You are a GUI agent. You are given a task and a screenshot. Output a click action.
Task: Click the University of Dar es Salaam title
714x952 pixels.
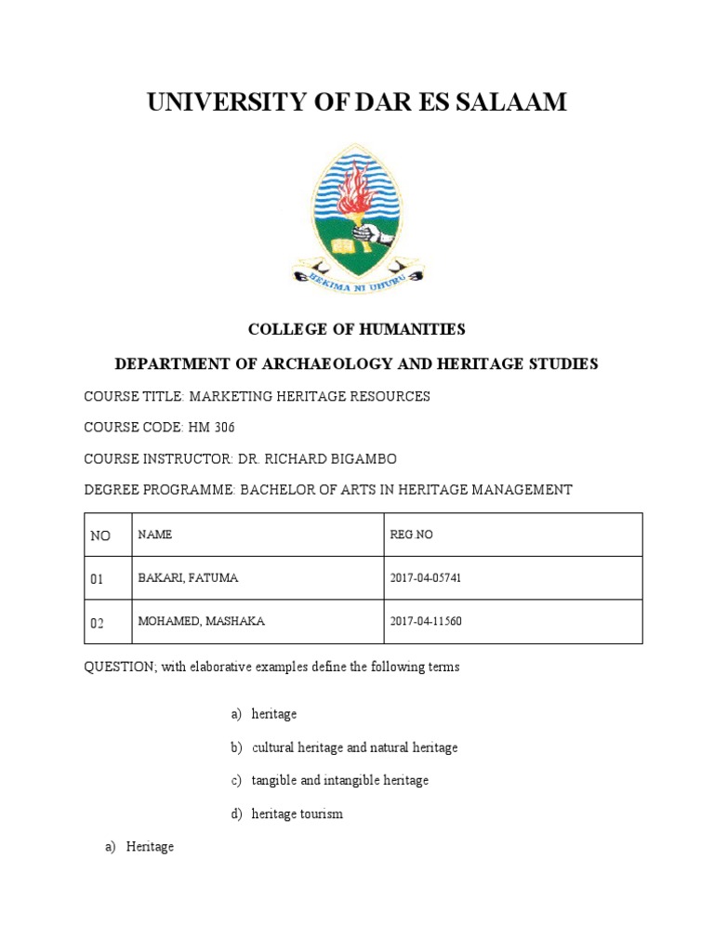357,103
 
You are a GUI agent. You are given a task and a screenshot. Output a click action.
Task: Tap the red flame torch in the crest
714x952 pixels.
354,192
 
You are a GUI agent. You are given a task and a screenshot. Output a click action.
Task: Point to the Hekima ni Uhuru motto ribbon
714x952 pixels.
357,276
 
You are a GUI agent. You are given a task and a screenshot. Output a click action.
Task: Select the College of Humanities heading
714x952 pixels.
356,329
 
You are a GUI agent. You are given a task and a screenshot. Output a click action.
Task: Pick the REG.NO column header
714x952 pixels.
411,535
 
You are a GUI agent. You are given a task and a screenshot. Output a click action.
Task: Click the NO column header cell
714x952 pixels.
99,536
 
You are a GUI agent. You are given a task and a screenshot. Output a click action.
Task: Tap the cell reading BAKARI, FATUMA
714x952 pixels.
188,578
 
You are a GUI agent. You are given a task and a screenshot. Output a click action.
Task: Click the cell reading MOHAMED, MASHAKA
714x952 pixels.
201,621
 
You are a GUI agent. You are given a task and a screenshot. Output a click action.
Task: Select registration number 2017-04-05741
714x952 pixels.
426,578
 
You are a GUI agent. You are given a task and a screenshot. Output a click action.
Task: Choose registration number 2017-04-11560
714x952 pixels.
426,621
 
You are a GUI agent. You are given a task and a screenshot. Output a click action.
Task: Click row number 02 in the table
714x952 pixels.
98,622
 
